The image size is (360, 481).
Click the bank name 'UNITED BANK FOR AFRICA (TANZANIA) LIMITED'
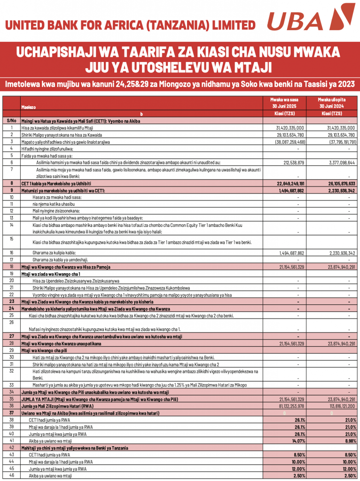tap(131, 25)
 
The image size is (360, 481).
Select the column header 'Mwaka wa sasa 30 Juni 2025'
tap(284, 103)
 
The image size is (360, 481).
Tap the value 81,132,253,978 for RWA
tap(287, 405)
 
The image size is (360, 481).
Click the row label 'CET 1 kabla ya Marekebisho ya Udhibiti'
tap(56, 183)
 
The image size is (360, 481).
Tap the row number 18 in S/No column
tap(11, 267)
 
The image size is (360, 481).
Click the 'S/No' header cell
tap(11, 121)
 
